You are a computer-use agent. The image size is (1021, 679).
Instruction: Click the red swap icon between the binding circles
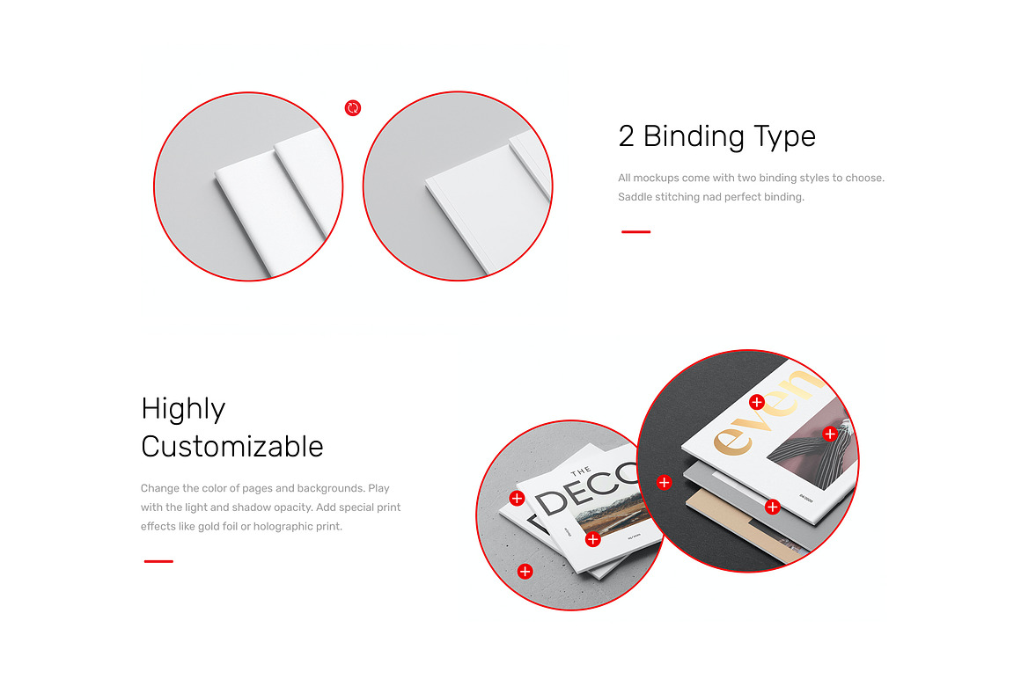tap(353, 108)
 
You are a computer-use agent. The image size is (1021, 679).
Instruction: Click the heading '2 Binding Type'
tap(716, 136)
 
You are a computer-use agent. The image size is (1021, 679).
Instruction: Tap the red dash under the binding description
tap(635, 232)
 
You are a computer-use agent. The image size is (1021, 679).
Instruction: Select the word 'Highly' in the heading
tap(183, 409)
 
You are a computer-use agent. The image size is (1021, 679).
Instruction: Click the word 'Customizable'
tap(232, 447)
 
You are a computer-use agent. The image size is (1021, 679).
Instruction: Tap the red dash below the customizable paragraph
tap(158, 561)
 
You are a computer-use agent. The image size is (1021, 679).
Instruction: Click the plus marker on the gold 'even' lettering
tap(756, 402)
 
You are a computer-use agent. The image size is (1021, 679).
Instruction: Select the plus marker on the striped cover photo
tap(829, 434)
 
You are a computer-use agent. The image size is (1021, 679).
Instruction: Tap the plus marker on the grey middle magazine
tap(772, 507)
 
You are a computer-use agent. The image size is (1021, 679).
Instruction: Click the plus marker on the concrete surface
tap(525, 572)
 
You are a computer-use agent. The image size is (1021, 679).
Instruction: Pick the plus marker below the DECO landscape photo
tap(592, 539)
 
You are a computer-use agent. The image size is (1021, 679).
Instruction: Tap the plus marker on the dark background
tap(664, 482)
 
